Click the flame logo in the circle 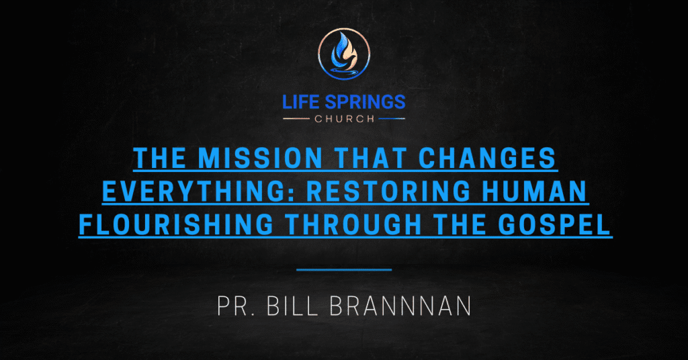[344, 54]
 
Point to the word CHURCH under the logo [345, 119]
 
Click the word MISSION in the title [260, 158]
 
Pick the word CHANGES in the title [487, 158]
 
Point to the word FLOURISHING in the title [176, 224]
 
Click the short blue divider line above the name [344, 270]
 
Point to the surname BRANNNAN [400, 306]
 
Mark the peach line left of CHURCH [296, 119]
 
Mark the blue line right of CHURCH [392, 119]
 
